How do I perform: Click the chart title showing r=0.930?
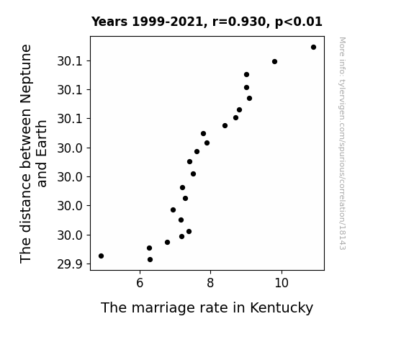coord(207,22)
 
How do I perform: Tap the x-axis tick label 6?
coord(140,283)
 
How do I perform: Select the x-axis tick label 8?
coord(210,283)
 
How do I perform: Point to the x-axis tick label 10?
coord(282,283)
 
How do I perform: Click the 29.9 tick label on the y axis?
coord(70,264)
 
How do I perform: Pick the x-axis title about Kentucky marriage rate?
coord(207,308)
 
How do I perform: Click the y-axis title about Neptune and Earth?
coord(33,153)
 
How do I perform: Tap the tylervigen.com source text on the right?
coord(342,143)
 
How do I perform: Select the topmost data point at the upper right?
coord(313,48)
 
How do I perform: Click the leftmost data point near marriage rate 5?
coord(101,256)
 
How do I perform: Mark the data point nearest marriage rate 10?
coord(274,61)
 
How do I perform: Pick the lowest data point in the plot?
coord(150,260)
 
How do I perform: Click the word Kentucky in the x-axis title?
coord(282,308)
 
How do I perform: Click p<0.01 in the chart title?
coord(299,22)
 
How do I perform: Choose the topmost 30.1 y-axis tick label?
coord(70,61)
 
